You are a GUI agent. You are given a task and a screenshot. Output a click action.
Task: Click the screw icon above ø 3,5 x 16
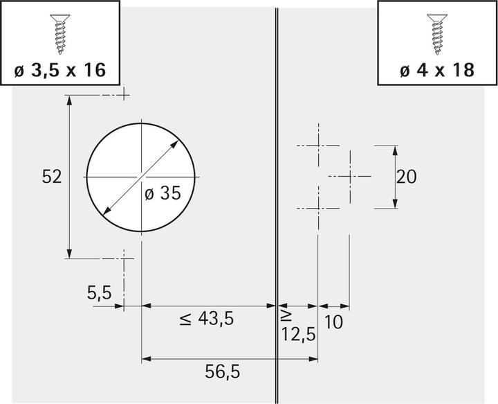[60, 34]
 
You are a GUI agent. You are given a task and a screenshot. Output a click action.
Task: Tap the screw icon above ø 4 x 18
[437, 34]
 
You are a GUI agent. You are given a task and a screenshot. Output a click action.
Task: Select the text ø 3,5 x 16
[60, 70]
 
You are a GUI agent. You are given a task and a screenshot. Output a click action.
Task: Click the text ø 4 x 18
[437, 70]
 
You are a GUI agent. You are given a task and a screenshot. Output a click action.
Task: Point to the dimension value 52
[51, 177]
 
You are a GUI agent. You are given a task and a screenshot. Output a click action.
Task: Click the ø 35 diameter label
[163, 193]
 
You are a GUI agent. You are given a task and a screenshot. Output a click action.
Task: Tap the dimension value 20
[406, 177]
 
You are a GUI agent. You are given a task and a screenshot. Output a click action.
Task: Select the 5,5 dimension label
[99, 292]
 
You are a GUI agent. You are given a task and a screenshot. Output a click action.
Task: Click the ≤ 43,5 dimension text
[206, 319]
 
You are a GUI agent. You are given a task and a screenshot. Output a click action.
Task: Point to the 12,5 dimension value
[299, 334]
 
